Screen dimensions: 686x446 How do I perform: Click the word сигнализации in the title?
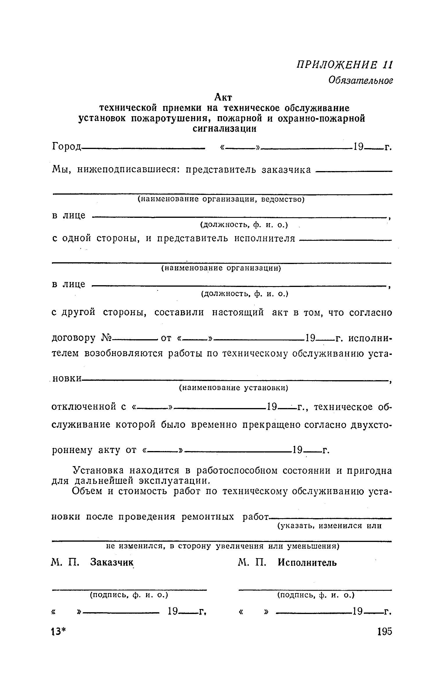point(225,129)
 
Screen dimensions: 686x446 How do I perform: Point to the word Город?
point(66,147)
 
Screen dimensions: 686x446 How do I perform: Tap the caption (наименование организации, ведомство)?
point(221,200)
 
